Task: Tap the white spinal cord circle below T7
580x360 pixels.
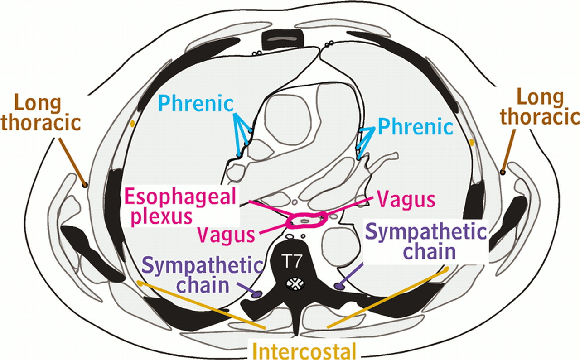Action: click(295, 284)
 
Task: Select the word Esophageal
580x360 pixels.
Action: click(181, 198)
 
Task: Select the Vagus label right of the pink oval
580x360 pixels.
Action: click(406, 199)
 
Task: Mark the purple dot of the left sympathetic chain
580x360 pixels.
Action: click(257, 293)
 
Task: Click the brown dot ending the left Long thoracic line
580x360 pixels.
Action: click(84, 184)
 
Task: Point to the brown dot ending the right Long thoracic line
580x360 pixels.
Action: click(503, 172)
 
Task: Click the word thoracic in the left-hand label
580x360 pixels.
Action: click(47, 122)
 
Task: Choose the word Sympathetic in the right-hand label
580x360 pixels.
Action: click(426, 233)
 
